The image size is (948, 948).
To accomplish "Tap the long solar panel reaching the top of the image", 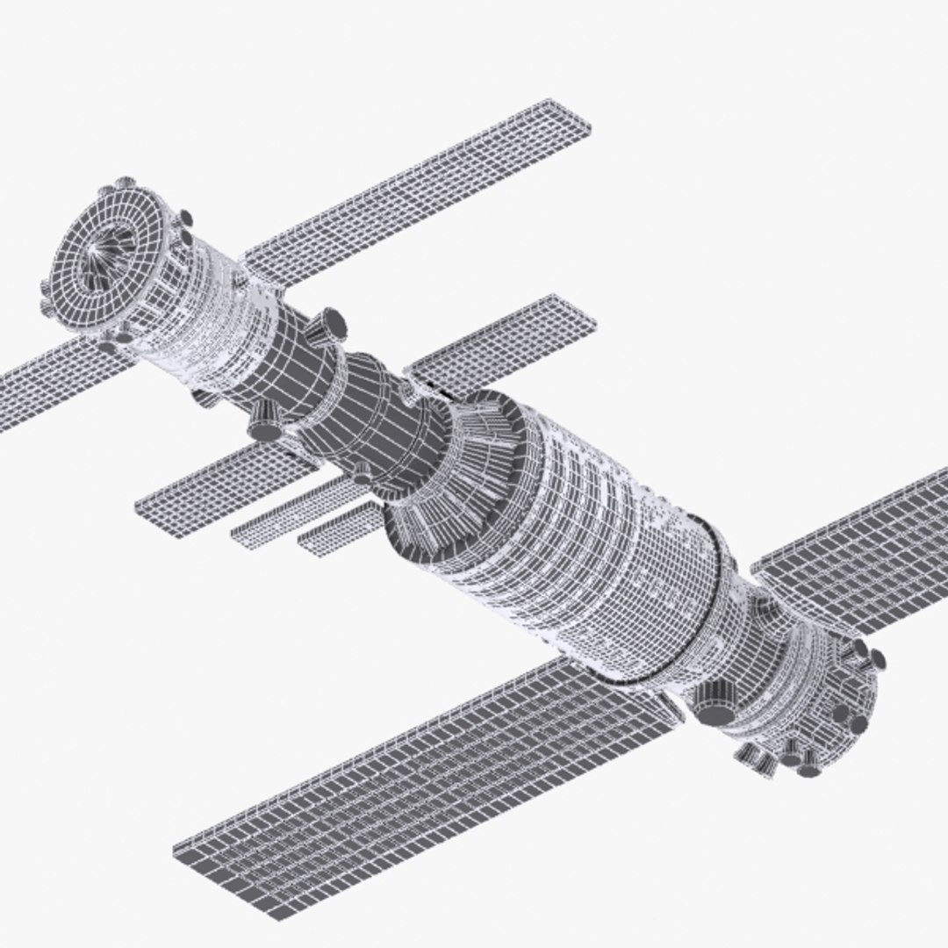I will pyautogui.click(x=421, y=193).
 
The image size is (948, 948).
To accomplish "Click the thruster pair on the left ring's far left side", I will pyautogui.click(x=48, y=294).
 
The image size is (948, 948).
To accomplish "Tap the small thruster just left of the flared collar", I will pyautogui.click(x=363, y=474).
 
